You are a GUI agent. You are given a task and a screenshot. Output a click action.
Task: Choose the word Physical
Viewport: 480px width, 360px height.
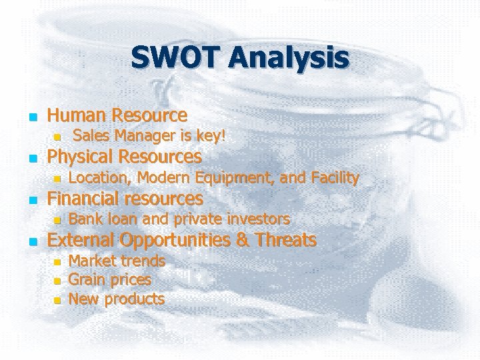point(77,157)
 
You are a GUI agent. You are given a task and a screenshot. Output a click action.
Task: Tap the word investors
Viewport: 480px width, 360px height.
point(259,219)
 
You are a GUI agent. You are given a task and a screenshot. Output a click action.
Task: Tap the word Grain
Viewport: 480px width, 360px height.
point(87,280)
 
